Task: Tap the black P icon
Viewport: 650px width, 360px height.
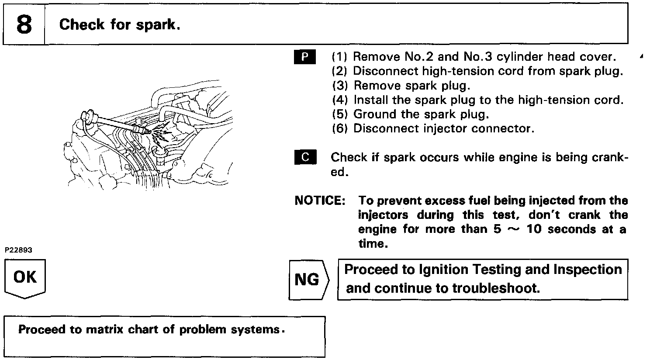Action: (305, 57)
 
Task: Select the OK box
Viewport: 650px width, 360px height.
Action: (25, 277)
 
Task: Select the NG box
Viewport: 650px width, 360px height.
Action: (307, 280)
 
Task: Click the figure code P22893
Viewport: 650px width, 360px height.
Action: (18, 250)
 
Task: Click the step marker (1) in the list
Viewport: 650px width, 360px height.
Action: (339, 57)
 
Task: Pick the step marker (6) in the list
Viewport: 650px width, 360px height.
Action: (339, 129)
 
